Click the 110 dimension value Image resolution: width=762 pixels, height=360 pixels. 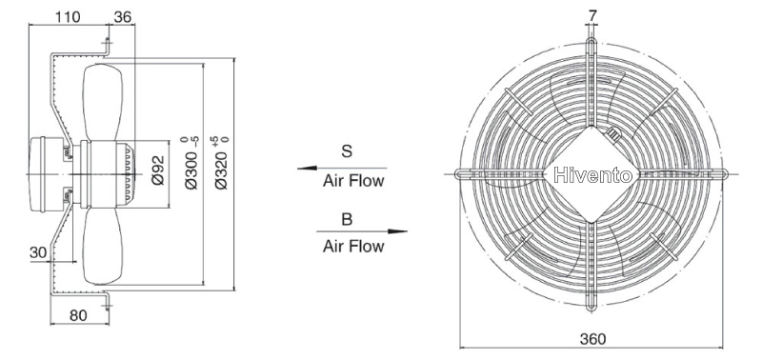pyautogui.click(x=67, y=17)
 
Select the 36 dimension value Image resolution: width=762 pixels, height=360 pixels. pyautogui.click(x=123, y=17)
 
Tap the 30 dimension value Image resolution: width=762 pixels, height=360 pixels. pyautogui.click(x=39, y=252)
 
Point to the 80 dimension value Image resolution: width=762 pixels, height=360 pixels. pyautogui.click(x=78, y=315)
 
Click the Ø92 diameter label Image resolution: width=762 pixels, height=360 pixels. pyautogui.click(x=158, y=170)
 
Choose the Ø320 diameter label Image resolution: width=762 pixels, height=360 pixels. pyautogui.click(x=221, y=163)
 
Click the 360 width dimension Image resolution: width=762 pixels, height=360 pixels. pyautogui.click(x=592, y=339)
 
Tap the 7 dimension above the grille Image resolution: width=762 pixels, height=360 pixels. pyautogui.click(x=592, y=16)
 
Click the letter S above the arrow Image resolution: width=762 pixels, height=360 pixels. pyautogui.click(x=347, y=151)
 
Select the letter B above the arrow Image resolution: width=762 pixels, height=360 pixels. pyautogui.click(x=347, y=220)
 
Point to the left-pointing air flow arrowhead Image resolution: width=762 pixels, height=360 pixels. pyautogui.click(x=307, y=169)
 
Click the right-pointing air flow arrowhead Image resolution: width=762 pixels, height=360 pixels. pyautogui.click(x=397, y=231)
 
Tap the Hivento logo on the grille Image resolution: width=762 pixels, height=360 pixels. pyautogui.click(x=592, y=175)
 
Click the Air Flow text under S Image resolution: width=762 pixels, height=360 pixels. pyautogui.click(x=353, y=181)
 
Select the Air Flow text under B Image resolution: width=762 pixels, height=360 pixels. pyautogui.click(x=353, y=247)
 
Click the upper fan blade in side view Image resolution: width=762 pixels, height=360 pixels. pyautogui.click(x=103, y=102)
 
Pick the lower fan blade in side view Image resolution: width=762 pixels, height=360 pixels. pyautogui.click(x=102, y=246)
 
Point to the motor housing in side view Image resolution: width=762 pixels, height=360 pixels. pyautogui.click(x=46, y=174)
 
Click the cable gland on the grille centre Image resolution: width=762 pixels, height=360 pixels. pyautogui.click(x=612, y=134)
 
